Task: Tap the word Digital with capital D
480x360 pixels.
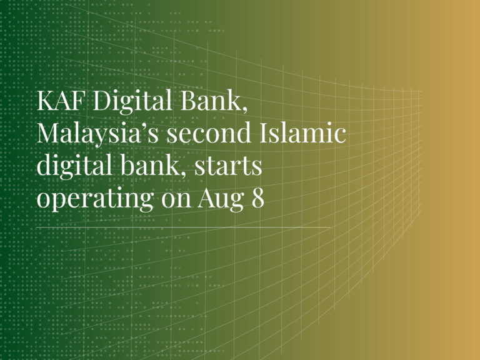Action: [x=132, y=102]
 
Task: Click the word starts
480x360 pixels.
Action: [x=228, y=167]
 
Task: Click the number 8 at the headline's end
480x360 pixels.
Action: [x=257, y=198]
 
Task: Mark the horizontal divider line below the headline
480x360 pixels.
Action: [x=183, y=227]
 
